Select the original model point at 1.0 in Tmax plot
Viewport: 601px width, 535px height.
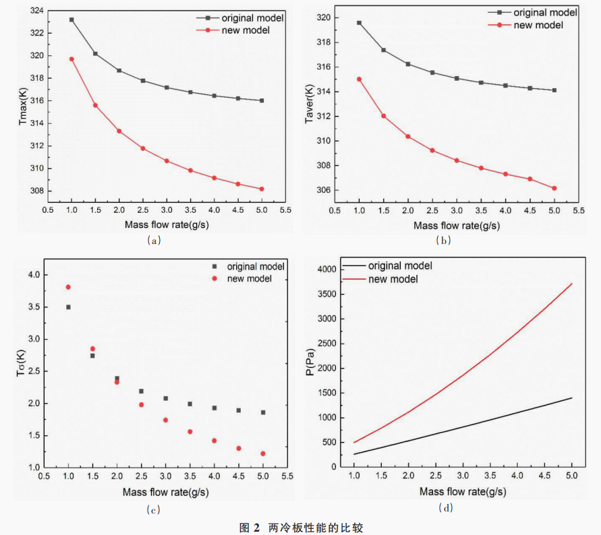pos(71,20)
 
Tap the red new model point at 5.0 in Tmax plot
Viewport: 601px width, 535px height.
pos(262,189)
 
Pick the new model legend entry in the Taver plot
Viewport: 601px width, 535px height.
pos(538,25)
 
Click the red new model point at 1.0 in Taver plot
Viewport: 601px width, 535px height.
pos(359,79)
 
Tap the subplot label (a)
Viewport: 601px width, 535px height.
pos(153,240)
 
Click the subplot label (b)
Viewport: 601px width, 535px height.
pos(443,240)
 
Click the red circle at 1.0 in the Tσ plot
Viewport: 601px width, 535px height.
pos(68,287)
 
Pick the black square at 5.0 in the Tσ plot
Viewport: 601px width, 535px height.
pos(263,412)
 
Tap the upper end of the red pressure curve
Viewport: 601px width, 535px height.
pos(572,284)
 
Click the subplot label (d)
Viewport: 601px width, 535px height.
pos(446,507)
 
